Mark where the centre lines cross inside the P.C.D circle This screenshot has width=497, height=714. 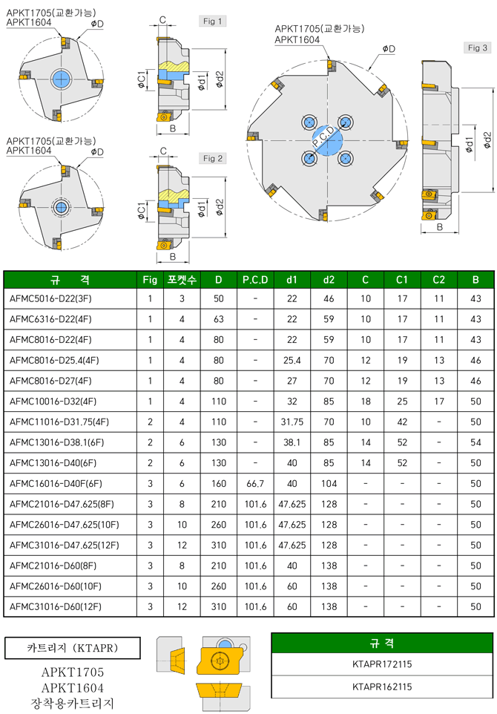327,140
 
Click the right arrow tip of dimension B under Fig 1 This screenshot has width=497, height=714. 188,134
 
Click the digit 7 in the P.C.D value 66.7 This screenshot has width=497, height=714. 261,484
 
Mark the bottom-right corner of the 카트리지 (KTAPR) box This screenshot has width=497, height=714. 140,658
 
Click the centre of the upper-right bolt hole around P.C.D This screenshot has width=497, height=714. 346,122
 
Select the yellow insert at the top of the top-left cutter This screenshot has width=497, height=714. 65,43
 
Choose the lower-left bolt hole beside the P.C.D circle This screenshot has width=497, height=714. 309,159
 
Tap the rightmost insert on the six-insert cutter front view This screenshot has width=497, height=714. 401,145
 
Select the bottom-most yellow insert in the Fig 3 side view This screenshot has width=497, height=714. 429,215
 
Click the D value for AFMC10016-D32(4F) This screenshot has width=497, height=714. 219,402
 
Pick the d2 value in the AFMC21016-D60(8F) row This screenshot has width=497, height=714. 329,566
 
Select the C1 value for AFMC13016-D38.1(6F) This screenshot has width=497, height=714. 402,442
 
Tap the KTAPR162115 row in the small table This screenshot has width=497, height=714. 382,687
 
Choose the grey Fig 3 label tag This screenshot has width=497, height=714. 478,48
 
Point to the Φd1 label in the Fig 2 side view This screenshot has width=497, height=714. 201,209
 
